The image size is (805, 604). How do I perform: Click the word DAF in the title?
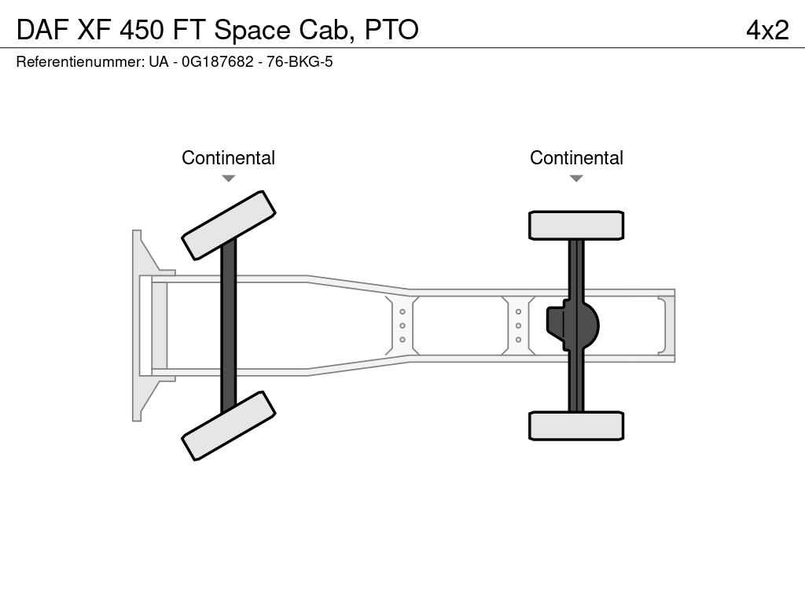click(x=43, y=29)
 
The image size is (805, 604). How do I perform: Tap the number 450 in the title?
click(x=142, y=29)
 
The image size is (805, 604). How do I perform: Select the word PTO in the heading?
click(x=391, y=29)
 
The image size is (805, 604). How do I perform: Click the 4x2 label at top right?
click(x=767, y=30)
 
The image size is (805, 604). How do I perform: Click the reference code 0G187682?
click(x=218, y=61)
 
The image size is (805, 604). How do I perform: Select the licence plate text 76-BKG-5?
click(x=300, y=61)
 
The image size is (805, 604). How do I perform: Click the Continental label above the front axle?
click(x=229, y=157)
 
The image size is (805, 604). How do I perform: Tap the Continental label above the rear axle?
click(x=576, y=157)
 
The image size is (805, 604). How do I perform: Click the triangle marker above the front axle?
click(x=229, y=179)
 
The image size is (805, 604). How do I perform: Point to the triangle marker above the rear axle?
click(x=576, y=179)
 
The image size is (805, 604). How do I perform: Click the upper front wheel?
click(x=229, y=226)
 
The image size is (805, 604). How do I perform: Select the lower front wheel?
click(x=229, y=425)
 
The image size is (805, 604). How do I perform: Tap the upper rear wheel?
click(x=576, y=226)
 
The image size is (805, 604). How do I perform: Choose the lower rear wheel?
click(x=576, y=425)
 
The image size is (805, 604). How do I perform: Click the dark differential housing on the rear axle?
click(x=573, y=326)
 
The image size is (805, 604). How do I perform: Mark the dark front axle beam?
click(x=229, y=326)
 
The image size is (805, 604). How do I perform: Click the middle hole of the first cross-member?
click(x=402, y=326)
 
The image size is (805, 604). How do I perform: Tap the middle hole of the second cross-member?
click(x=519, y=326)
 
